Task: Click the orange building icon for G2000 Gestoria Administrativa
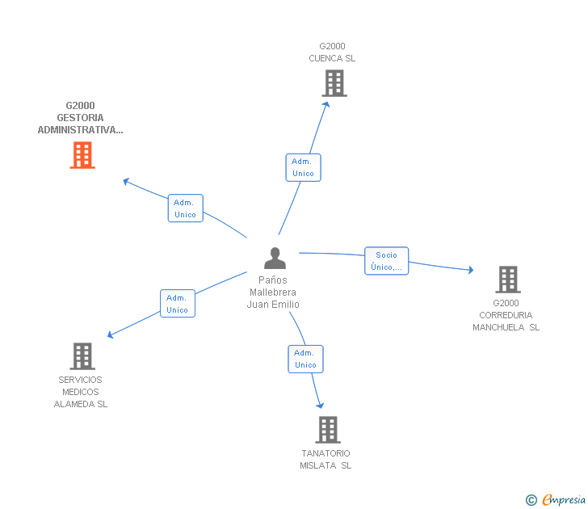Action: pyautogui.click(x=82, y=155)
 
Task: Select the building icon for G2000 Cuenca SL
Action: pyautogui.click(x=334, y=83)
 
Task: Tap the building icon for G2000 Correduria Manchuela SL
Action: pyautogui.click(x=507, y=280)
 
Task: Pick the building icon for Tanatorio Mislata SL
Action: pyautogui.click(x=327, y=430)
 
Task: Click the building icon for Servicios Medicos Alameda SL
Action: pyautogui.click(x=82, y=356)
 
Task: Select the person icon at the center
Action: pyautogui.click(x=275, y=259)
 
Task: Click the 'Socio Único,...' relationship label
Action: pyautogui.click(x=386, y=261)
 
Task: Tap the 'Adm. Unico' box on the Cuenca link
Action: pyautogui.click(x=303, y=167)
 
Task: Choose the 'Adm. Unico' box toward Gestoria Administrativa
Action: pyautogui.click(x=185, y=208)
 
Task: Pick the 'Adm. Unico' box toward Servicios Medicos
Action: pyautogui.click(x=177, y=303)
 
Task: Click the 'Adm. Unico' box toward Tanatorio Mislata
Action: pyautogui.click(x=305, y=359)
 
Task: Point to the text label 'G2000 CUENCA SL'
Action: pyautogui.click(x=332, y=53)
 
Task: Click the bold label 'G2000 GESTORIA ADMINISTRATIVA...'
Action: pyautogui.click(x=80, y=118)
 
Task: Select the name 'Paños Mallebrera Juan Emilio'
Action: pyautogui.click(x=273, y=292)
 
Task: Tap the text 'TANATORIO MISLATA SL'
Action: pyautogui.click(x=325, y=459)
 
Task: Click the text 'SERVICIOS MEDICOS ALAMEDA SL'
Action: pyautogui.click(x=81, y=392)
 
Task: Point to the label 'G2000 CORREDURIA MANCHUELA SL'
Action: pyautogui.click(x=506, y=315)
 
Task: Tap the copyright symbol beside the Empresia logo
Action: pyautogui.click(x=531, y=500)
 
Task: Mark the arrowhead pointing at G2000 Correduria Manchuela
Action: pyautogui.click(x=470, y=270)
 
